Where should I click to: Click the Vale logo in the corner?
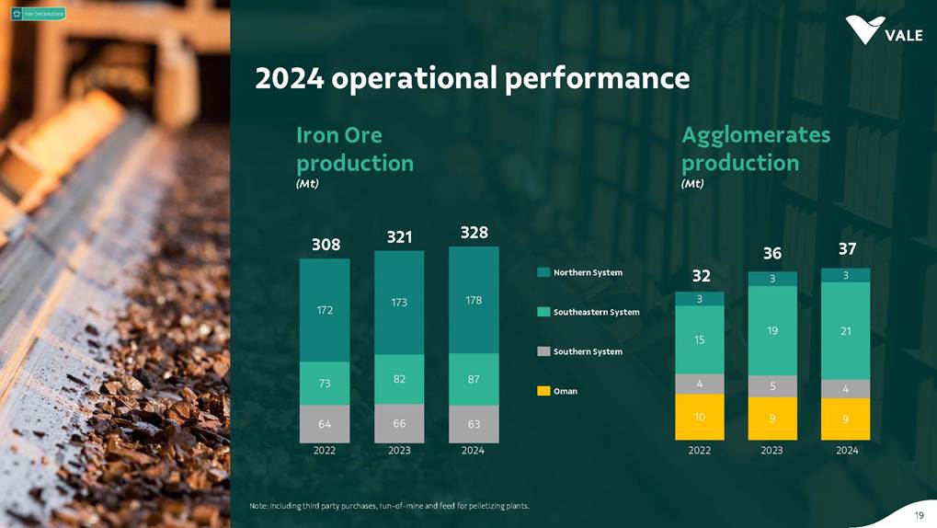point(883,30)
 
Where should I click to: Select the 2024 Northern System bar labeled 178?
point(474,300)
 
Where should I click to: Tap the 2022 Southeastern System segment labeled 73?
point(325,384)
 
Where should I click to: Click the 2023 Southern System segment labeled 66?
point(399,423)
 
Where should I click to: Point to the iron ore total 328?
point(474,233)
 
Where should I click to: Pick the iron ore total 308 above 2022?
point(325,245)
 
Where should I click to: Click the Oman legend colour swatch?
point(543,391)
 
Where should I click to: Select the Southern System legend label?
point(588,351)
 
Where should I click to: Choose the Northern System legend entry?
point(588,272)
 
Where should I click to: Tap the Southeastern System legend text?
point(596,312)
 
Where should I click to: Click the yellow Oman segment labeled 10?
point(700,417)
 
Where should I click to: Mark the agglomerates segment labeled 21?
point(846,330)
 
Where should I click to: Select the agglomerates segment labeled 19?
point(772,330)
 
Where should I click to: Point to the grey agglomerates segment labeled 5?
point(772,386)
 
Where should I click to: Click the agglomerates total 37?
point(846,248)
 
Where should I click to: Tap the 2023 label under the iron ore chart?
point(399,451)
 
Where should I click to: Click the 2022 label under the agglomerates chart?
point(700,451)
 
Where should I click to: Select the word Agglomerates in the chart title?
point(755,135)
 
